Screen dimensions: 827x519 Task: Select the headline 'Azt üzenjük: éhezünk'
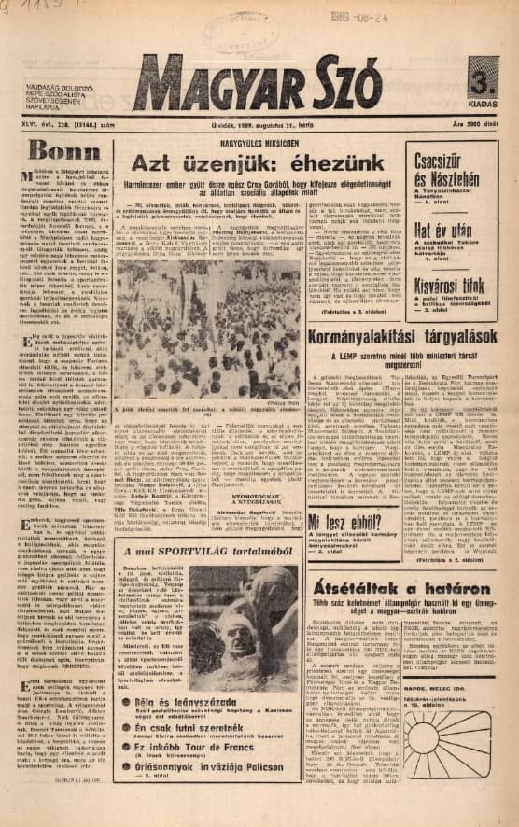coord(254,164)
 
